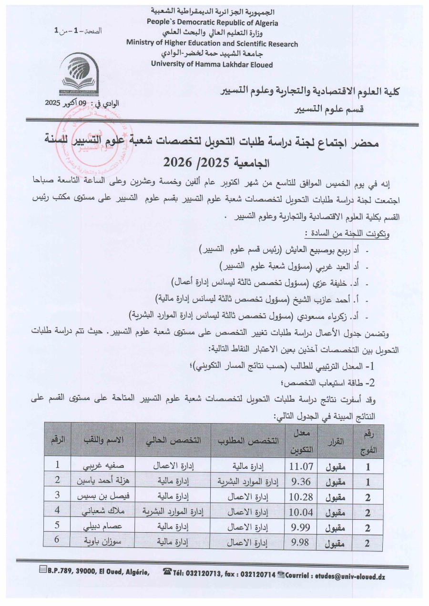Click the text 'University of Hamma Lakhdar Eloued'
[212, 64]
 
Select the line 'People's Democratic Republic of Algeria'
[213, 22]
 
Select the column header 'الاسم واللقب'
[103, 439]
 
